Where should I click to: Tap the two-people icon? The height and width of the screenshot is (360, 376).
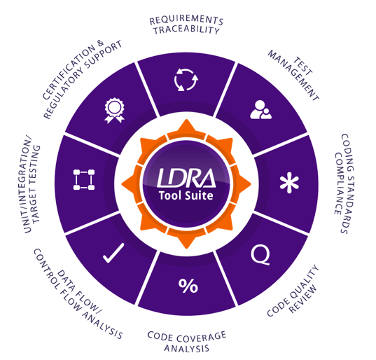tap(260, 109)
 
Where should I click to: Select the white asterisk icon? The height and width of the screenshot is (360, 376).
tap(289, 183)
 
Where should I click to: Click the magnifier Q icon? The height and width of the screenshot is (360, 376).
tap(260, 255)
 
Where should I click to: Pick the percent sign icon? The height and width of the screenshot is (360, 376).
tap(188, 286)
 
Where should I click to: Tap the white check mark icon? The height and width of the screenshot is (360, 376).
tap(113, 254)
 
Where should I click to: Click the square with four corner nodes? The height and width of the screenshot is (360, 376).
tap(84, 179)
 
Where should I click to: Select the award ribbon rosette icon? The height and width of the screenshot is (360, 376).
tap(114, 111)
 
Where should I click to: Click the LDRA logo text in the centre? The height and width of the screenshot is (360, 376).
tap(186, 178)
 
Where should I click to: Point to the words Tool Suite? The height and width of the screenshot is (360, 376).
tap(186, 195)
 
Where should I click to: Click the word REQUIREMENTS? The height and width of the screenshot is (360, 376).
tap(186, 20)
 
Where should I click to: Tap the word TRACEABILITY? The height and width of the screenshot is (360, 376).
tap(186, 30)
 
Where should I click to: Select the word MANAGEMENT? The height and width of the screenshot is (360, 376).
tap(293, 76)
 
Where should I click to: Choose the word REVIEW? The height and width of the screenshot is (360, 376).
tap(303, 299)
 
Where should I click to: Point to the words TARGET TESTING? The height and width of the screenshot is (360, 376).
tap(35, 184)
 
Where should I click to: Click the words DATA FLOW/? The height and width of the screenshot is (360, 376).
tap(79, 291)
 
